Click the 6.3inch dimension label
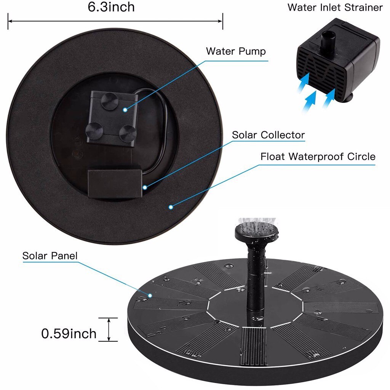pos(111,7)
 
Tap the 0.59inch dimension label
pos(69,334)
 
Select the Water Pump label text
pos(236,51)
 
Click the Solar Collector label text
pos(268,135)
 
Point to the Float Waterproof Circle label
pos(318,157)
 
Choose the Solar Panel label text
pos(50,256)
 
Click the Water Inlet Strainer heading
pos(335,7)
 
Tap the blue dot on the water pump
pos(125,110)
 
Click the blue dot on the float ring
pos(171,207)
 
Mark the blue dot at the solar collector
pos(145,187)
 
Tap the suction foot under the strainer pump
pos(347,99)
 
